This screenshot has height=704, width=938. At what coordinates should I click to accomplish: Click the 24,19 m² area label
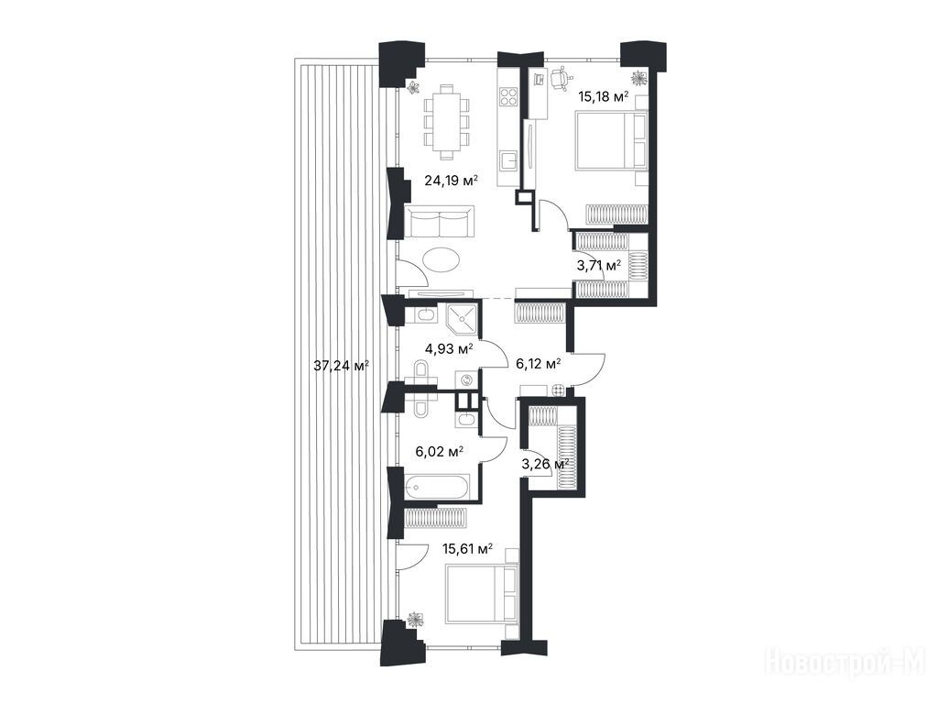451,180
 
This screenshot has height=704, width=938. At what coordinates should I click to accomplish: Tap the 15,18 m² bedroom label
604,95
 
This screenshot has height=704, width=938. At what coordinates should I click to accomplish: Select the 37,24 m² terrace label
341,365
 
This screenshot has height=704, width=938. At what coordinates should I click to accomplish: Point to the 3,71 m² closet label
598,265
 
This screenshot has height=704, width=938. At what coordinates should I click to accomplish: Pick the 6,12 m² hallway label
538,363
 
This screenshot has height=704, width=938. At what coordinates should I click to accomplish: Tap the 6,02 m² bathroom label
440,451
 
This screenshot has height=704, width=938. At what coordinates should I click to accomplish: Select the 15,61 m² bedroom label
467,548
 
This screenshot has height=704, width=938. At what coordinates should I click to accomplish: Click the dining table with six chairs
446,123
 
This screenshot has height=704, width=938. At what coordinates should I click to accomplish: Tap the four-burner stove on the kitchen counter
508,97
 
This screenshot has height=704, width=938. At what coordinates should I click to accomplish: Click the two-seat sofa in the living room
440,222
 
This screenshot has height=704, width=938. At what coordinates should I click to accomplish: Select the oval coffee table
442,261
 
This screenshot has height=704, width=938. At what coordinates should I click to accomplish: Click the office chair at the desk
561,79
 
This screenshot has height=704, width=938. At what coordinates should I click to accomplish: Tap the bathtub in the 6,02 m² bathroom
436,488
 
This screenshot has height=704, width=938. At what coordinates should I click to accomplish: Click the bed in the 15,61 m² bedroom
482,594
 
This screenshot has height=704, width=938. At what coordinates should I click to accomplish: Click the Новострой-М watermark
849,663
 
